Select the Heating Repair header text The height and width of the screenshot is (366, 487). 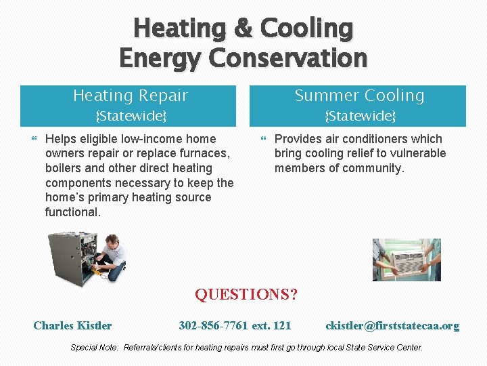coord(130,96)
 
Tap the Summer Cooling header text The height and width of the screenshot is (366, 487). coord(359,96)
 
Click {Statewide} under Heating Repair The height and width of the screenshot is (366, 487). coord(131,116)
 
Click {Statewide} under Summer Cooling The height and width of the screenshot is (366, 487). coord(360,116)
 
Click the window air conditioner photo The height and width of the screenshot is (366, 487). coord(407,260)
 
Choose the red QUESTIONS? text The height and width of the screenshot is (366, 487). coord(246,295)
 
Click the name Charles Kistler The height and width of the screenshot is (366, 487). coord(72,326)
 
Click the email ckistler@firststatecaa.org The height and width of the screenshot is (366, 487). coord(392,326)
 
